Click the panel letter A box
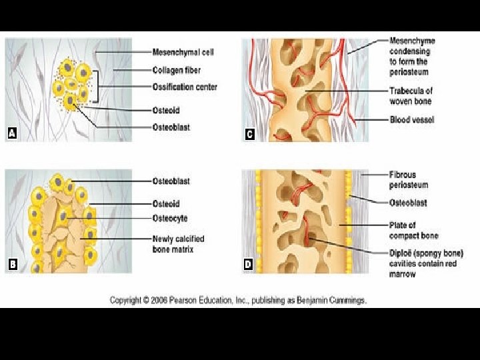point(11,134)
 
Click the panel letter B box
point(11,265)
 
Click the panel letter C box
point(249,134)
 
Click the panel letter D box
point(249,265)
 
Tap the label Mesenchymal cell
point(183,52)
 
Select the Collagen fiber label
point(177,70)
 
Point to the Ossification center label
point(185,87)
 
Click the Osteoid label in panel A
point(165,111)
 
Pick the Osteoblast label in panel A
point(171,127)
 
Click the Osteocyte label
point(170,218)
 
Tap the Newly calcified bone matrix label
point(178,244)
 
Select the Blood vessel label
point(411,120)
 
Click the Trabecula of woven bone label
point(410,96)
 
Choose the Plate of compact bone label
point(413,231)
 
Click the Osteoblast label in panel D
point(408,203)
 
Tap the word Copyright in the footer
point(125,301)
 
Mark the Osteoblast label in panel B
point(171,181)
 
